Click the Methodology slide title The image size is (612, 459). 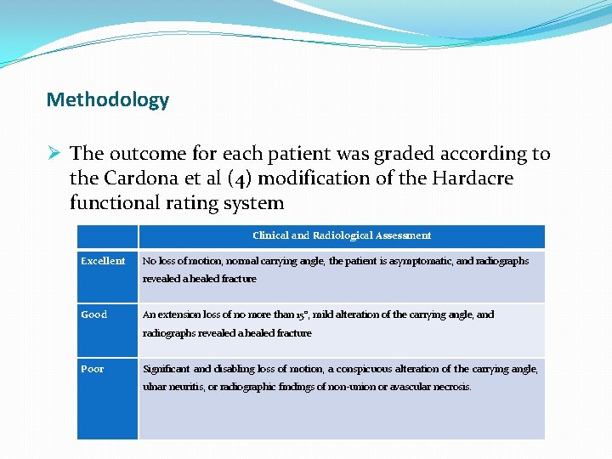tap(108, 100)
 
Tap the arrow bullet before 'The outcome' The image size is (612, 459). tap(54, 154)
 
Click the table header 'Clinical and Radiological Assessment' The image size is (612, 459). tap(341, 235)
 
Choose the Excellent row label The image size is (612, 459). tap(103, 261)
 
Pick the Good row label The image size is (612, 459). tap(94, 314)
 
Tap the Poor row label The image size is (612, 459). tap(93, 369)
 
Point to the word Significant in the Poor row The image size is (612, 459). tap(166, 369)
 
